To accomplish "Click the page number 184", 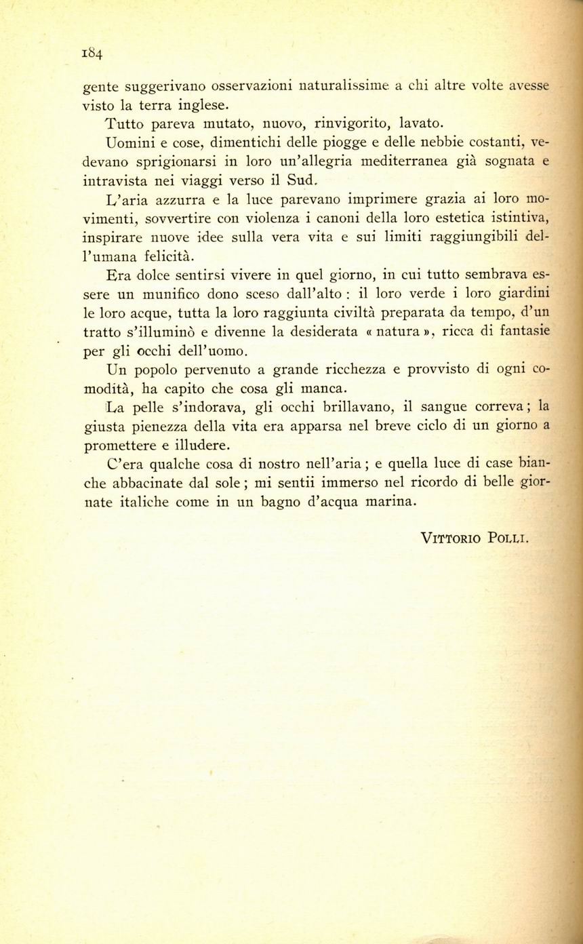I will [92, 53].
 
